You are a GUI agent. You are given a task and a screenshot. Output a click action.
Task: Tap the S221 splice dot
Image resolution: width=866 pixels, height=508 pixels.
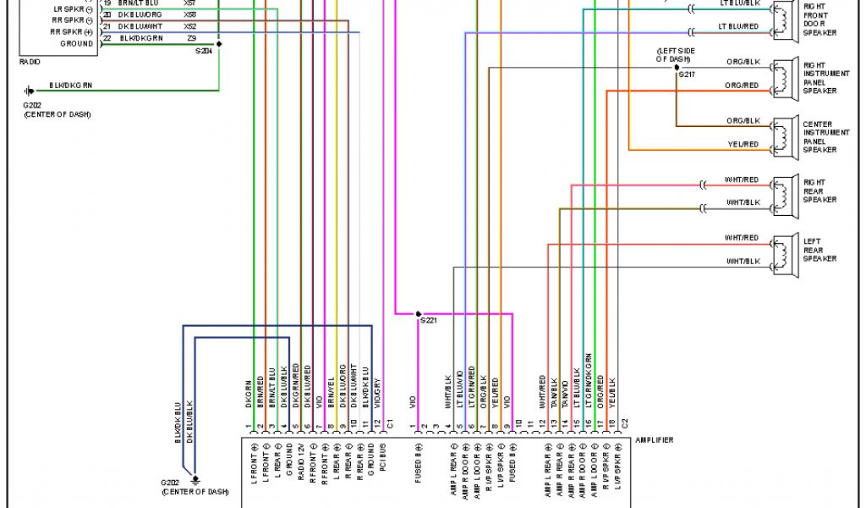click(x=418, y=313)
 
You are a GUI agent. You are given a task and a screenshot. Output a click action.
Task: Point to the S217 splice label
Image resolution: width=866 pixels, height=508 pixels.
click(x=686, y=75)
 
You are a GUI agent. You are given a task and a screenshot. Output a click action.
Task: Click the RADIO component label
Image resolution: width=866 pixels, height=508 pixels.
click(x=29, y=62)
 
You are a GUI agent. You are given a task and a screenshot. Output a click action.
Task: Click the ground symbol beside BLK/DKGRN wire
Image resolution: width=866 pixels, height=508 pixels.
click(x=30, y=91)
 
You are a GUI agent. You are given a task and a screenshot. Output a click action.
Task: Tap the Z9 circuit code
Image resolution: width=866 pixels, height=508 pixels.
click(x=191, y=38)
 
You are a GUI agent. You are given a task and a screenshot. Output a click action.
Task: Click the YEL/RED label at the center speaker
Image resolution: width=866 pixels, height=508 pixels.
click(x=743, y=145)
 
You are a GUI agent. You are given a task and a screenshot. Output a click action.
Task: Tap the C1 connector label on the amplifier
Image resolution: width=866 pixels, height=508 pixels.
click(x=390, y=422)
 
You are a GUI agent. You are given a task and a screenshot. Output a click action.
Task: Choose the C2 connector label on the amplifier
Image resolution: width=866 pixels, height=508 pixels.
click(x=624, y=422)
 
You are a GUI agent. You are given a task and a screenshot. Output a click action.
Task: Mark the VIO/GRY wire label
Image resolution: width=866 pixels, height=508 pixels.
click(x=377, y=395)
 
